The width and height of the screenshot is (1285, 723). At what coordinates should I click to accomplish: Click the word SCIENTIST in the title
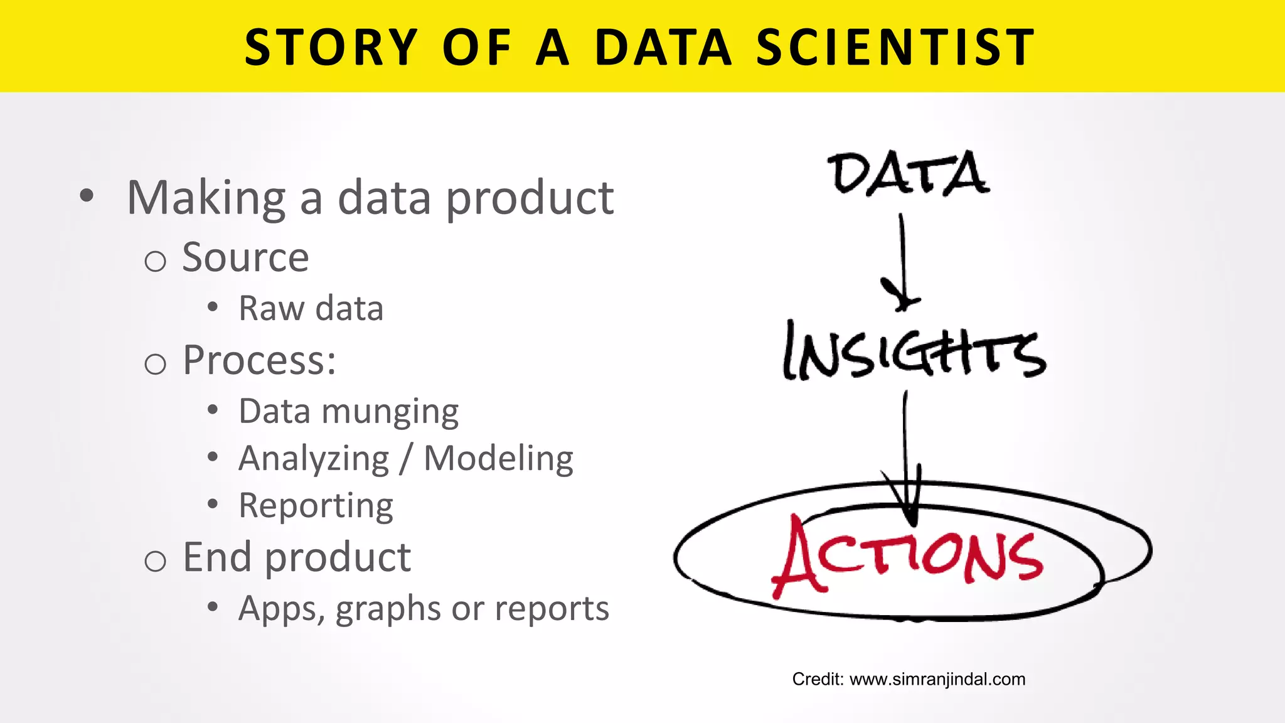[x=895, y=48]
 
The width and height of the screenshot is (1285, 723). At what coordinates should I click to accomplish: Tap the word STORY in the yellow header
[x=331, y=48]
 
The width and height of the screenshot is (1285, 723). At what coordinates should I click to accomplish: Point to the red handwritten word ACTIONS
[x=907, y=556]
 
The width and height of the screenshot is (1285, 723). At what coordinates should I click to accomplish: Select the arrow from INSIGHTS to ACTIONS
[x=906, y=458]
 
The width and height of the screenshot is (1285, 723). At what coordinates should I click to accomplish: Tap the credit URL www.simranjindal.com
[x=937, y=679]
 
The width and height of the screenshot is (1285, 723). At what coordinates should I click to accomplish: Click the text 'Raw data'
[x=311, y=309]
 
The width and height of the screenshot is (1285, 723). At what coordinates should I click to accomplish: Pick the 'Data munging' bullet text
[x=349, y=412]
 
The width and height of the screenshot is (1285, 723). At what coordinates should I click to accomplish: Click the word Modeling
[x=498, y=459]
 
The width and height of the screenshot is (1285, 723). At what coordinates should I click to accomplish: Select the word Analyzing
[x=314, y=459]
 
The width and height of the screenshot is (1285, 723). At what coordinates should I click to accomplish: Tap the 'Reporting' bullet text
[x=316, y=506]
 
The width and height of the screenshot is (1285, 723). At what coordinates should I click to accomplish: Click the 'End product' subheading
[x=297, y=557]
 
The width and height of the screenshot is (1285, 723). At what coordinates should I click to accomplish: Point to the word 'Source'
[x=245, y=257]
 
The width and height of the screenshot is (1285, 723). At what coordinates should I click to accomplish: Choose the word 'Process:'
[x=259, y=361]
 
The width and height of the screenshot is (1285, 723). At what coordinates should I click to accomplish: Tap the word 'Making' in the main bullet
[x=206, y=198]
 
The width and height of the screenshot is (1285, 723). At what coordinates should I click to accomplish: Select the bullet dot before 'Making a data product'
[x=87, y=196]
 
